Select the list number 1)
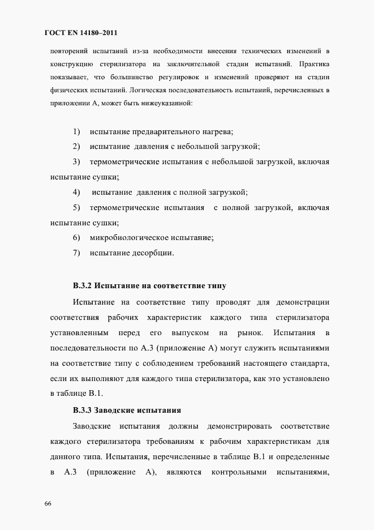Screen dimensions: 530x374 76,132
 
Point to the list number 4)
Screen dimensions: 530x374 76,192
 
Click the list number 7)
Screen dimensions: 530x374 76,253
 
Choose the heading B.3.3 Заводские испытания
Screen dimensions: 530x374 127,409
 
